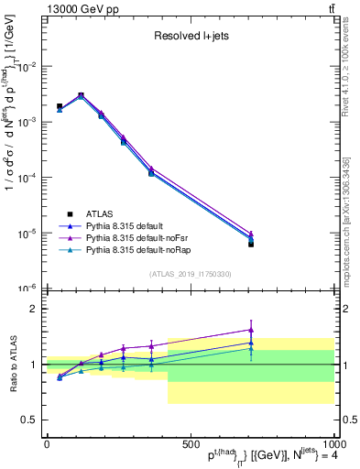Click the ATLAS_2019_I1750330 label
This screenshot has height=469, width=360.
[191, 274]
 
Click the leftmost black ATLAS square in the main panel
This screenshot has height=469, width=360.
[60, 106]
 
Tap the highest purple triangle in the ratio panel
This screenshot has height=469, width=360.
[251, 330]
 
